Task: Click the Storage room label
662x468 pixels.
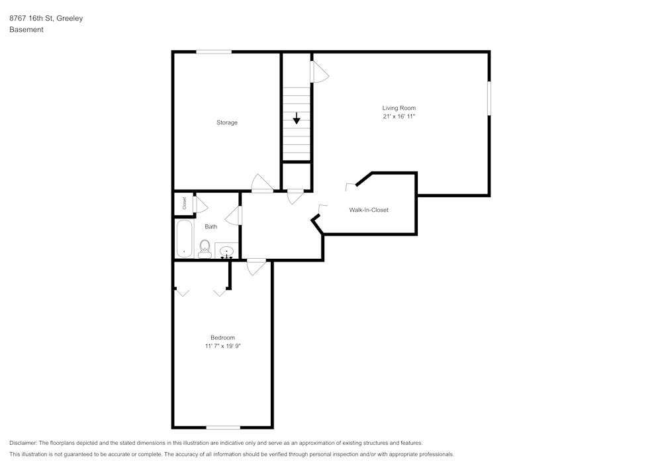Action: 227,122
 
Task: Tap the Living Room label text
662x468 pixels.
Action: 399,108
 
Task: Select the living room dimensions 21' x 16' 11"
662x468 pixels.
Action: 399,117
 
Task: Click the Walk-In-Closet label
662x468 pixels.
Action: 369,210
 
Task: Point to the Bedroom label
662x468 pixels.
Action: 222,338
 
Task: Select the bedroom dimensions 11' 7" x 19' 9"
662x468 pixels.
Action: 222,346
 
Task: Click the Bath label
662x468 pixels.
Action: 211,226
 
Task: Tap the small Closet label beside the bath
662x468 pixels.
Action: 184,204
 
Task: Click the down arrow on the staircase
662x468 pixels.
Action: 297,119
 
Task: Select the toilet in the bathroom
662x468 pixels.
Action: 205,249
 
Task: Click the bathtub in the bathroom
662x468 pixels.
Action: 184,238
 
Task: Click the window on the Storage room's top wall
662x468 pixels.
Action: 213,52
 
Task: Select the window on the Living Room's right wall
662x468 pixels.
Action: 489,98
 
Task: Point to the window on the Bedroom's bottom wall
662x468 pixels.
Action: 223,427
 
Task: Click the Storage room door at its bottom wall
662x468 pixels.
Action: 262,183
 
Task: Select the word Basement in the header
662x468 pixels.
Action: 26,30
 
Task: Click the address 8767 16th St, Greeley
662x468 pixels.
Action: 46,19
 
